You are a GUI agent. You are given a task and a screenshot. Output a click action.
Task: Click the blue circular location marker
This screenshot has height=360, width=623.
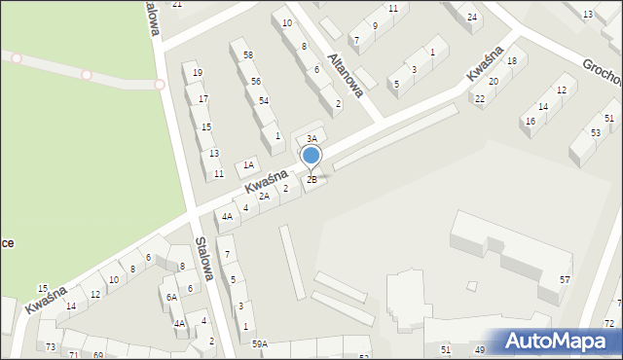311,155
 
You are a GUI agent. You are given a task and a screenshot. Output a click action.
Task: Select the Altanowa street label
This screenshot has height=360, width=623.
346,75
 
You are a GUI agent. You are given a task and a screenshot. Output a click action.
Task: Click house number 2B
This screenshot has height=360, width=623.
311,179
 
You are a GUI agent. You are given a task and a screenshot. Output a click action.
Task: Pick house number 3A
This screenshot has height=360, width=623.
311,139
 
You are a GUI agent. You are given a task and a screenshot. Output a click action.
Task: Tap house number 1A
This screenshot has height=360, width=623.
248,165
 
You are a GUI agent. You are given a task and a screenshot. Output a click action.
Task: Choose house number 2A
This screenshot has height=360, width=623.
264,197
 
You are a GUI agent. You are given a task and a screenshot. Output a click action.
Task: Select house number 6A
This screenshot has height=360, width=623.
170,297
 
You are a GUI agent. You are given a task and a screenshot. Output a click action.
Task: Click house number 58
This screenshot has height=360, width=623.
248,55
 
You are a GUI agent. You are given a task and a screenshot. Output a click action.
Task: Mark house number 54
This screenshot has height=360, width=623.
264,101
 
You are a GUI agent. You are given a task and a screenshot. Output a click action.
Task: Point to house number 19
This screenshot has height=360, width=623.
198,73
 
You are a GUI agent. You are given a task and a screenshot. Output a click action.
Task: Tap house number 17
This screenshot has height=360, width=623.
203,99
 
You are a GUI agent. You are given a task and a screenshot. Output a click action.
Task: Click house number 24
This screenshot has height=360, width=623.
472,18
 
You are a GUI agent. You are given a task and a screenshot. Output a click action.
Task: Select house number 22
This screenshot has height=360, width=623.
479,99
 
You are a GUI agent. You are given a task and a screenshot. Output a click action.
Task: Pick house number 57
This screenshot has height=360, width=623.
565,280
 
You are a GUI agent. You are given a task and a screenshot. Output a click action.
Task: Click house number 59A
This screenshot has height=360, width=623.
260,343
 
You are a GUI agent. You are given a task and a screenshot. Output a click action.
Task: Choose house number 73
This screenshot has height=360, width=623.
51,347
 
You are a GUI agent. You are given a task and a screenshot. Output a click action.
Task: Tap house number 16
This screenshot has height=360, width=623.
531,122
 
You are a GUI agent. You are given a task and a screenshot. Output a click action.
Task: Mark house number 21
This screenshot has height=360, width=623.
176,4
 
